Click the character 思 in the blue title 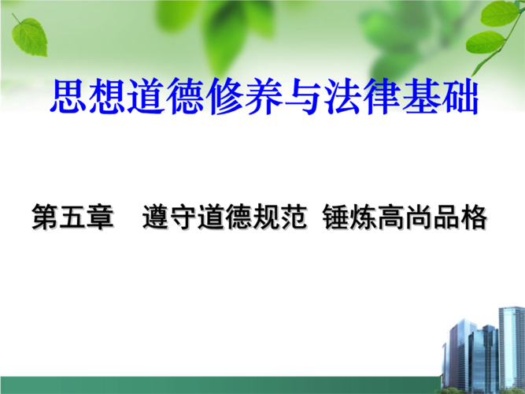(x=68, y=96)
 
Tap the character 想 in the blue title (x=108, y=96)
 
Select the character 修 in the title (x=225, y=96)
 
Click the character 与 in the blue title (x=303, y=96)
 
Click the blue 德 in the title (x=186, y=96)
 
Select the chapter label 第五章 (x=73, y=217)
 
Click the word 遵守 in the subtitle (x=169, y=217)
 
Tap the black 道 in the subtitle (x=211, y=217)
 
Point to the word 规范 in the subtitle (x=279, y=217)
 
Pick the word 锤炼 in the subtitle (x=349, y=217)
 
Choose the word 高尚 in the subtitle (x=404, y=217)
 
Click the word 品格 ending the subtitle (x=460, y=217)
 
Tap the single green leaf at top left (x=29, y=36)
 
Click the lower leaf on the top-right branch (x=485, y=43)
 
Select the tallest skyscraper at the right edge (x=512, y=349)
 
